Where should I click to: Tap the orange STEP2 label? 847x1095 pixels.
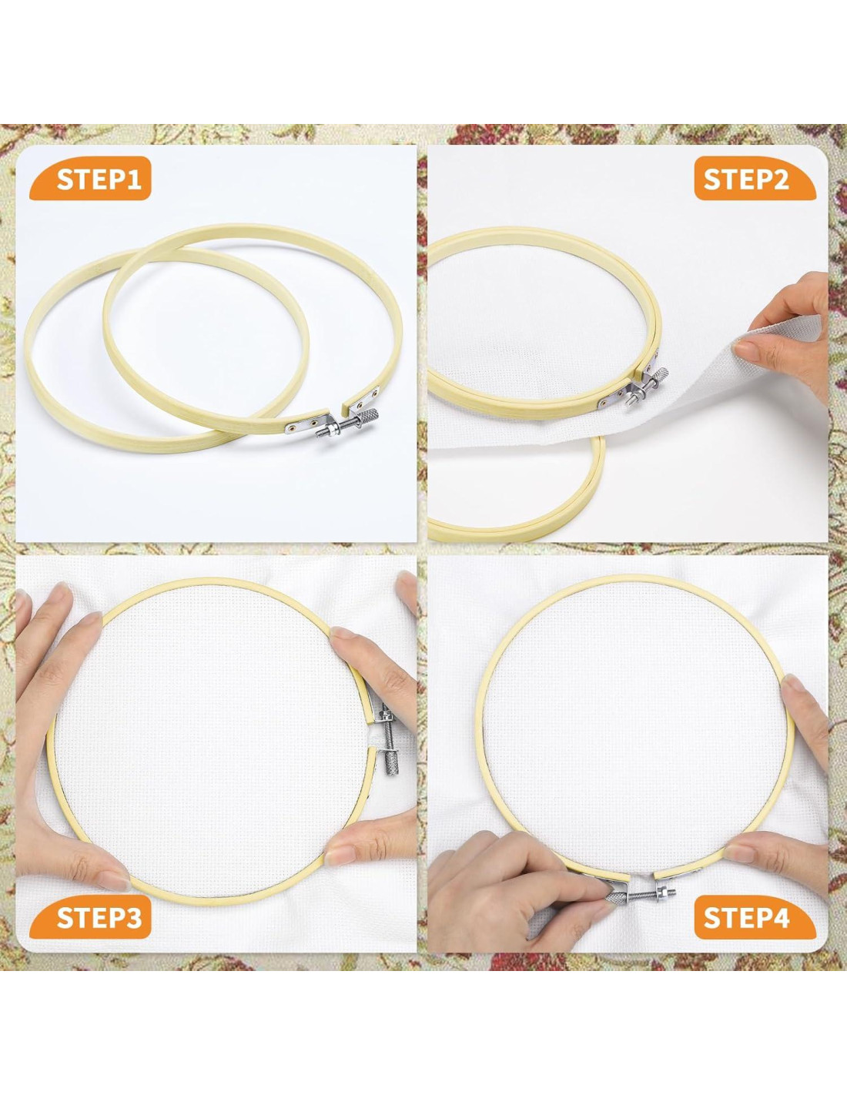click(755, 179)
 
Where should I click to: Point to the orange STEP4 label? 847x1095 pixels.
click(755, 918)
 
